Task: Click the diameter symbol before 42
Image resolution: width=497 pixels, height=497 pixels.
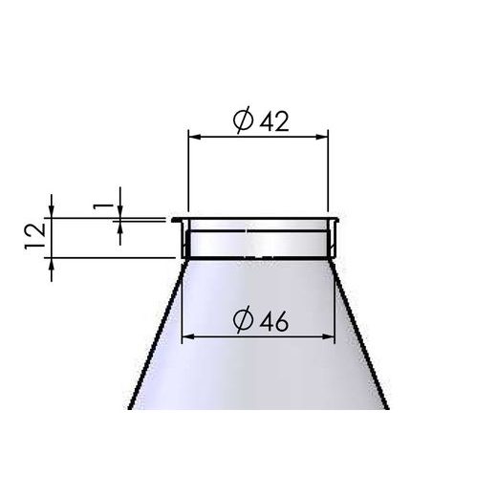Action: coord(243,120)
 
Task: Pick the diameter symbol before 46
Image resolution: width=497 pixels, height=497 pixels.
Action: coord(243,322)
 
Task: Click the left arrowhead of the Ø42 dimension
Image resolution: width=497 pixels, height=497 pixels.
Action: coord(193,137)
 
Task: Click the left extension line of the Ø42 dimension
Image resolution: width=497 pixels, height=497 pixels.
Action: coord(187,172)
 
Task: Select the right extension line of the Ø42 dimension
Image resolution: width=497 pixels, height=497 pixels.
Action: coord(329,172)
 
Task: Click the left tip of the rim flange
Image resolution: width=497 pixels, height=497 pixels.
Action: coord(174,220)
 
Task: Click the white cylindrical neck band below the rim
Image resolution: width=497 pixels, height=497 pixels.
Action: coord(258,245)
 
